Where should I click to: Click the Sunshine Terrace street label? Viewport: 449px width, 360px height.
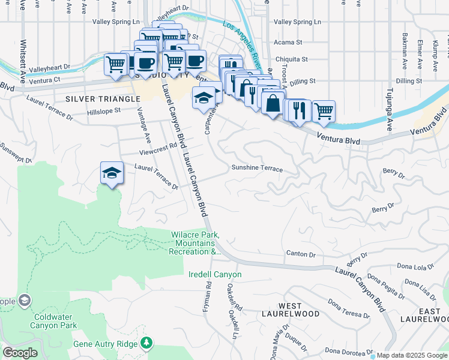coord(257,169)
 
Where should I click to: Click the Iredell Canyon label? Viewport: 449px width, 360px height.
coord(215,275)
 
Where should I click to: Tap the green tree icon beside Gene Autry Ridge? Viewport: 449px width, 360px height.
coord(146,343)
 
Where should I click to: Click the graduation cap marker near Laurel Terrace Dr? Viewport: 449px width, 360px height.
coord(112,173)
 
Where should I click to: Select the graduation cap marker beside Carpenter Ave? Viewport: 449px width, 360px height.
coord(203,97)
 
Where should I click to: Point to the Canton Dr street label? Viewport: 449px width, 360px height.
coord(300,254)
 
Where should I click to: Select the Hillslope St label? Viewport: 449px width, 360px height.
coord(103,110)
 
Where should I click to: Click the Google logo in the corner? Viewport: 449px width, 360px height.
coord(20,353)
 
